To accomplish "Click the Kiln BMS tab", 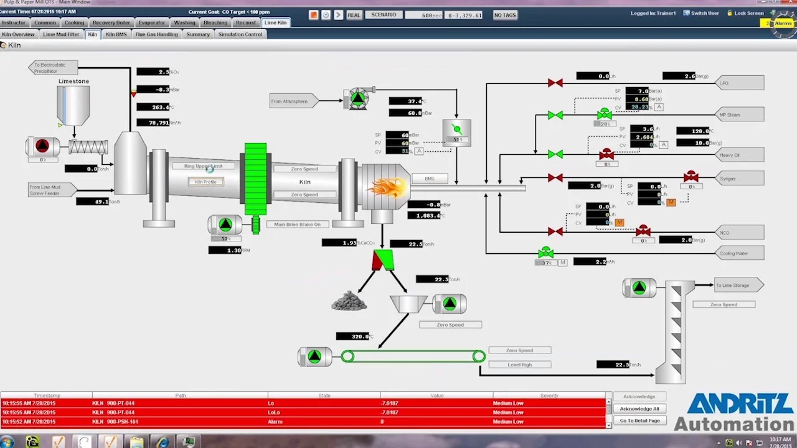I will (116, 34).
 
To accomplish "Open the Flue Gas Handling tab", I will (157, 34).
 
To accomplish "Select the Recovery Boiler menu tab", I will (111, 22).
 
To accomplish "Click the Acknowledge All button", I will (639, 409).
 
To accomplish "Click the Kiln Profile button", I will (205, 182).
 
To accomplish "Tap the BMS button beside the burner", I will (430, 179).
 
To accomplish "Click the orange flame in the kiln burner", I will (387, 186).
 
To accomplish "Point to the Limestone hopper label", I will (73, 82).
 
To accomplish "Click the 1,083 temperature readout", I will (425, 215).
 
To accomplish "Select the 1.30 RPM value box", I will (228, 250).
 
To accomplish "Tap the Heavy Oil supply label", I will (738, 155).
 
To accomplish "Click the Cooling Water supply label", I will (738, 253).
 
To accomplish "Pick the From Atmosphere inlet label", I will (291, 101).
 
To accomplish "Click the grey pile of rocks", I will (349, 301).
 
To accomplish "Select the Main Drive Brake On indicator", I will (298, 224).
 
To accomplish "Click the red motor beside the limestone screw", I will (42, 146).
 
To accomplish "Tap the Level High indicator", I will (519, 365).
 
